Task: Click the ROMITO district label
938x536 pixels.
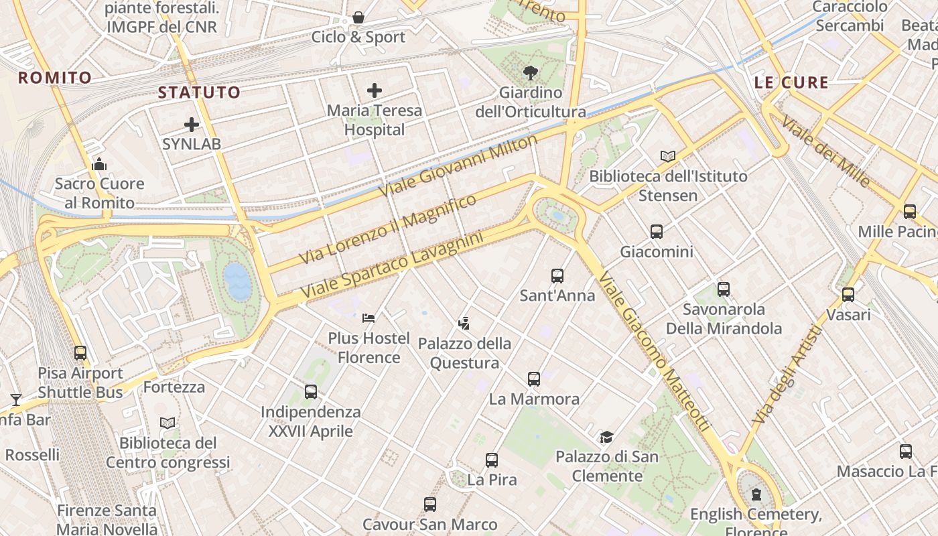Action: (x=54, y=78)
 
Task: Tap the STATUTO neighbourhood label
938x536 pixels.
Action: (x=199, y=92)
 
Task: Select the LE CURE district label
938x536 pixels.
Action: (x=791, y=83)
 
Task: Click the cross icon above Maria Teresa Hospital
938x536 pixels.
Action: (x=375, y=90)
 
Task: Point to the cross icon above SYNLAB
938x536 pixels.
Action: (x=192, y=125)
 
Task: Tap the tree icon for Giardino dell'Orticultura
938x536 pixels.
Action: (x=530, y=72)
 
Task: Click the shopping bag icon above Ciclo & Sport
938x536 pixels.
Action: (x=358, y=17)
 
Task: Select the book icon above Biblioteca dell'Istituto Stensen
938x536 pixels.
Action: (x=667, y=156)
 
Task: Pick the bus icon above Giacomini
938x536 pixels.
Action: (x=657, y=232)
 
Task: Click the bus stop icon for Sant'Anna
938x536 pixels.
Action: (x=557, y=275)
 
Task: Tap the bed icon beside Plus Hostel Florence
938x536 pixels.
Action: (x=368, y=318)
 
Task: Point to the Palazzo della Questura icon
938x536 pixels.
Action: (x=464, y=324)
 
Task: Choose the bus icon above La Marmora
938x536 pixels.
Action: (x=534, y=379)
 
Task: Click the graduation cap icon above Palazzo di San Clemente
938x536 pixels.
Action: (x=606, y=438)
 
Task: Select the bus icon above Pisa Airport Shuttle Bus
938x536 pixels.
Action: (x=80, y=352)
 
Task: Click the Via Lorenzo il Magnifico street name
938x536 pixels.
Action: (x=388, y=228)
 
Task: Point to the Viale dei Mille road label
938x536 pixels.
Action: (x=825, y=151)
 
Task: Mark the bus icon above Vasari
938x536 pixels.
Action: (x=848, y=294)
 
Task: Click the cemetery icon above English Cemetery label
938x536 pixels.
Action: (x=756, y=495)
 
